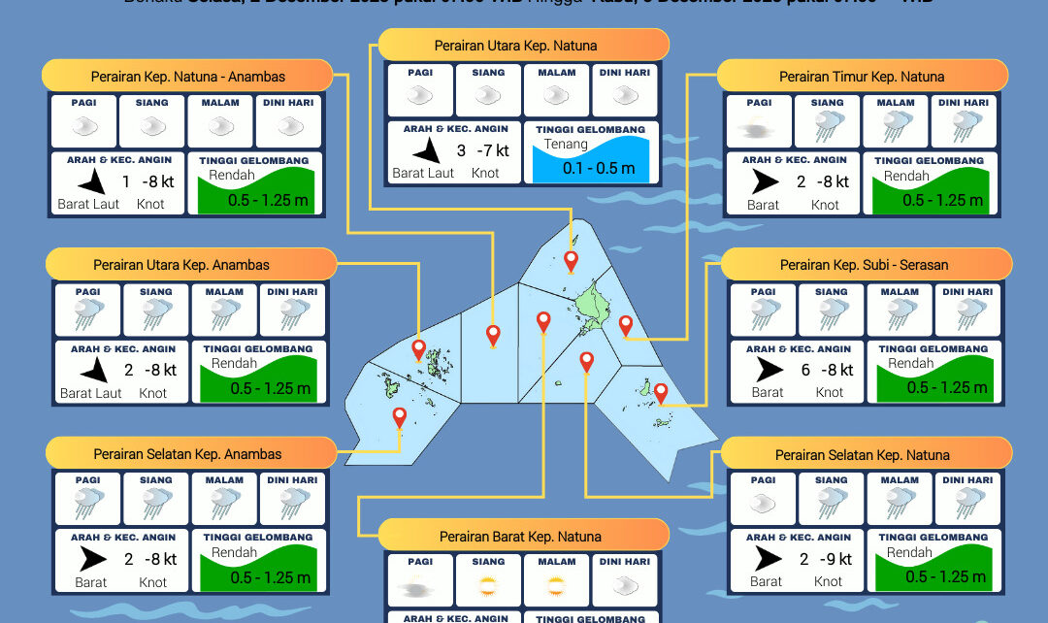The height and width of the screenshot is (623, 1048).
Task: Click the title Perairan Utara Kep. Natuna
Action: tap(515, 46)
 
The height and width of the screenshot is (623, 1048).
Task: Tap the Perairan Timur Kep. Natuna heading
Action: tap(861, 77)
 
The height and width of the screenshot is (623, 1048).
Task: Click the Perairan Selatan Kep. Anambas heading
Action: tap(187, 454)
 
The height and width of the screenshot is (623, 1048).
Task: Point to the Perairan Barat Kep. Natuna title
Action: tap(520, 537)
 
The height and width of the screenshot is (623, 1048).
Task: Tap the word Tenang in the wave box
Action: tap(566, 145)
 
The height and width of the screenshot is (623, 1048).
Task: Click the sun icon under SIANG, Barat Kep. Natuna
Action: tap(488, 586)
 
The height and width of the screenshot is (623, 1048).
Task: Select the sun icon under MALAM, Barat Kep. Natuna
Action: tap(556, 586)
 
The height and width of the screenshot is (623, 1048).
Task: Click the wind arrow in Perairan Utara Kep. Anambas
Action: tap(92, 370)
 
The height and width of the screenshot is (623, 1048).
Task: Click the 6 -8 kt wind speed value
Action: tap(827, 370)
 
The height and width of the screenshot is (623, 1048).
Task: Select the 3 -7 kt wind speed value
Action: tap(483, 150)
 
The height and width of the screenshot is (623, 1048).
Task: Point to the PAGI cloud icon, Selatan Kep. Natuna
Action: tap(764, 503)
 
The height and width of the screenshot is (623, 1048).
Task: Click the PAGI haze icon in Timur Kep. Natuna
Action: tap(759, 126)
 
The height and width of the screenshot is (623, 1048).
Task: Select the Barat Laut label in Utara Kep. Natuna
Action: tap(423, 173)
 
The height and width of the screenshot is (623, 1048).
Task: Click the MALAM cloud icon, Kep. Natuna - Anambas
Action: tap(221, 126)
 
